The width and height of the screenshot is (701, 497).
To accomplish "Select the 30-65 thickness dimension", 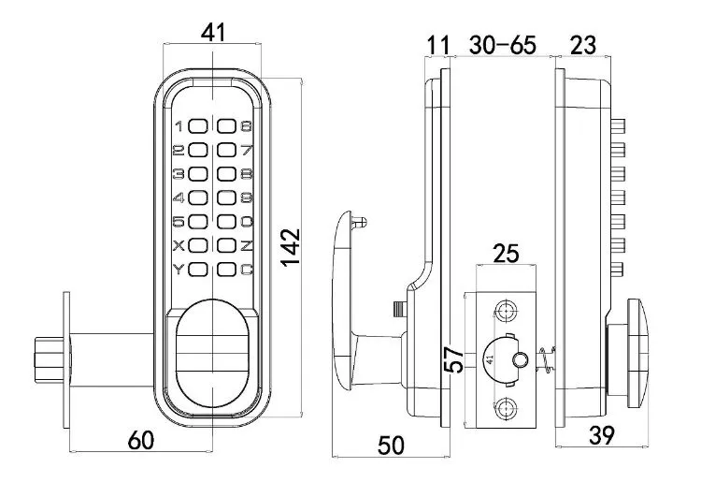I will pos(502,43).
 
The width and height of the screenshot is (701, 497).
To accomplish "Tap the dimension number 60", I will pos(139,441).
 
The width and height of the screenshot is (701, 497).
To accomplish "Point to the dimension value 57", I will pos(453,359).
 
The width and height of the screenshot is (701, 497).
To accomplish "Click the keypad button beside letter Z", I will pos(226,246).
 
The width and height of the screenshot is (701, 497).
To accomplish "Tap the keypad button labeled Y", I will pos(196,270).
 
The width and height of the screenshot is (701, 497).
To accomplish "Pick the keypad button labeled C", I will pos(226,270).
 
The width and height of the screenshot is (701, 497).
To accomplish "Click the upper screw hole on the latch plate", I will pos(506,311).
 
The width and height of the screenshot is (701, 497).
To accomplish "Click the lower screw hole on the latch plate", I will pos(506,407).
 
